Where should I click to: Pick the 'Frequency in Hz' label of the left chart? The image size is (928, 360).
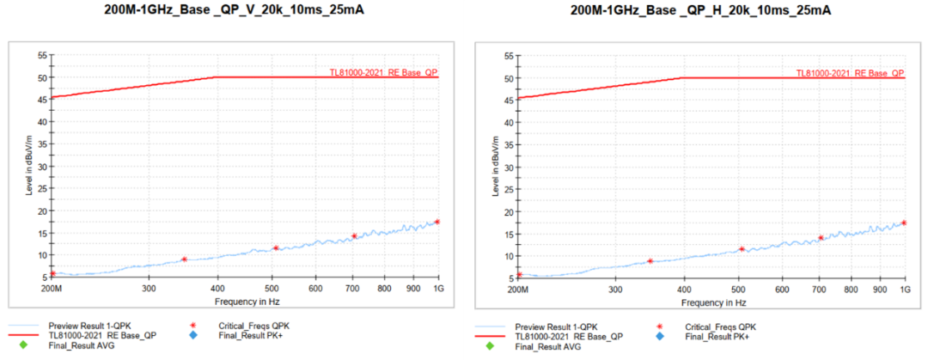coord(245,302)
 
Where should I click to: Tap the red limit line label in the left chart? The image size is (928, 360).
coord(383,72)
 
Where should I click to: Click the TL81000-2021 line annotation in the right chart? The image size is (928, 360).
coord(850,73)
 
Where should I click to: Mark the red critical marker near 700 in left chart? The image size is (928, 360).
coord(354,235)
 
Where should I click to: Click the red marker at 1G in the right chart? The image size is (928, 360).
coord(905,223)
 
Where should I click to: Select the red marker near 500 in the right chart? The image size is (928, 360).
coord(742,249)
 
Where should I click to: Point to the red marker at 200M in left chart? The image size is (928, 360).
coord(52,273)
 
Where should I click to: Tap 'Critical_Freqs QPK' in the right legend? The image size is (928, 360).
coord(720,327)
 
